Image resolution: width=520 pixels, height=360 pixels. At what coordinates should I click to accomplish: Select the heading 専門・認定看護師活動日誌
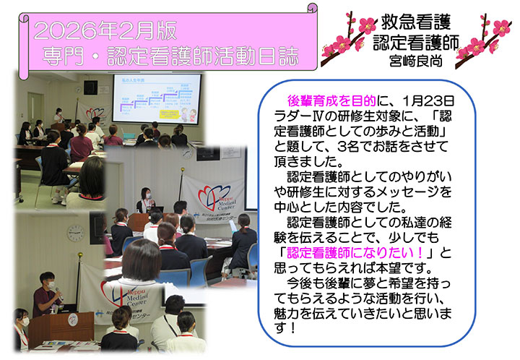(x=169, y=55)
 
